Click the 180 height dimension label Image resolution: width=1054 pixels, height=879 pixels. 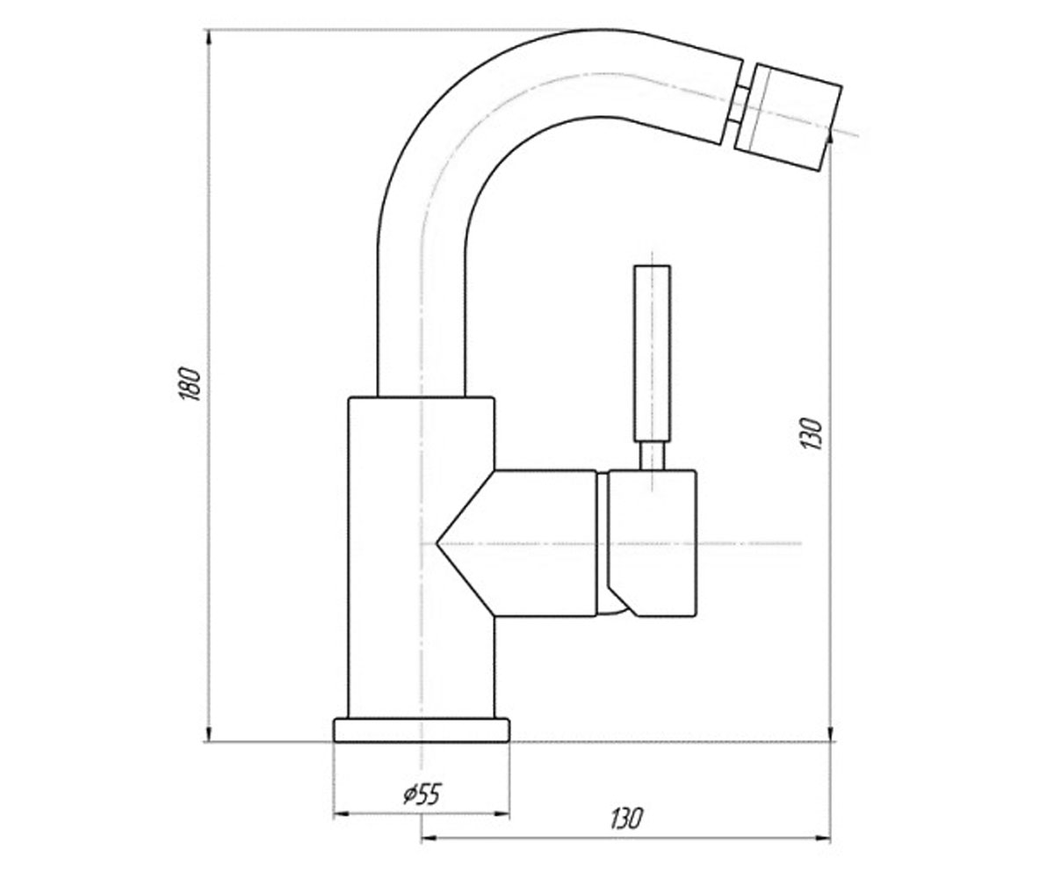click(x=191, y=384)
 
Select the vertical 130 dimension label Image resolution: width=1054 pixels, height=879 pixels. click(x=812, y=433)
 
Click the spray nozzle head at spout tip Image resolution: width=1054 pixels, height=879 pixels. click(x=788, y=117)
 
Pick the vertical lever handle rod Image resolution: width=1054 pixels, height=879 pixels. click(x=653, y=354)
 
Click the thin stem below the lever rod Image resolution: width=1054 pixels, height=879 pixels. click(x=653, y=457)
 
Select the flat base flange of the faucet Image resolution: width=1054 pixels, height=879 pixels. click(x=421, y=730)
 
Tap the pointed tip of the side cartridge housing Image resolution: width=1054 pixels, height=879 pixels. click(x=437, y=543)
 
